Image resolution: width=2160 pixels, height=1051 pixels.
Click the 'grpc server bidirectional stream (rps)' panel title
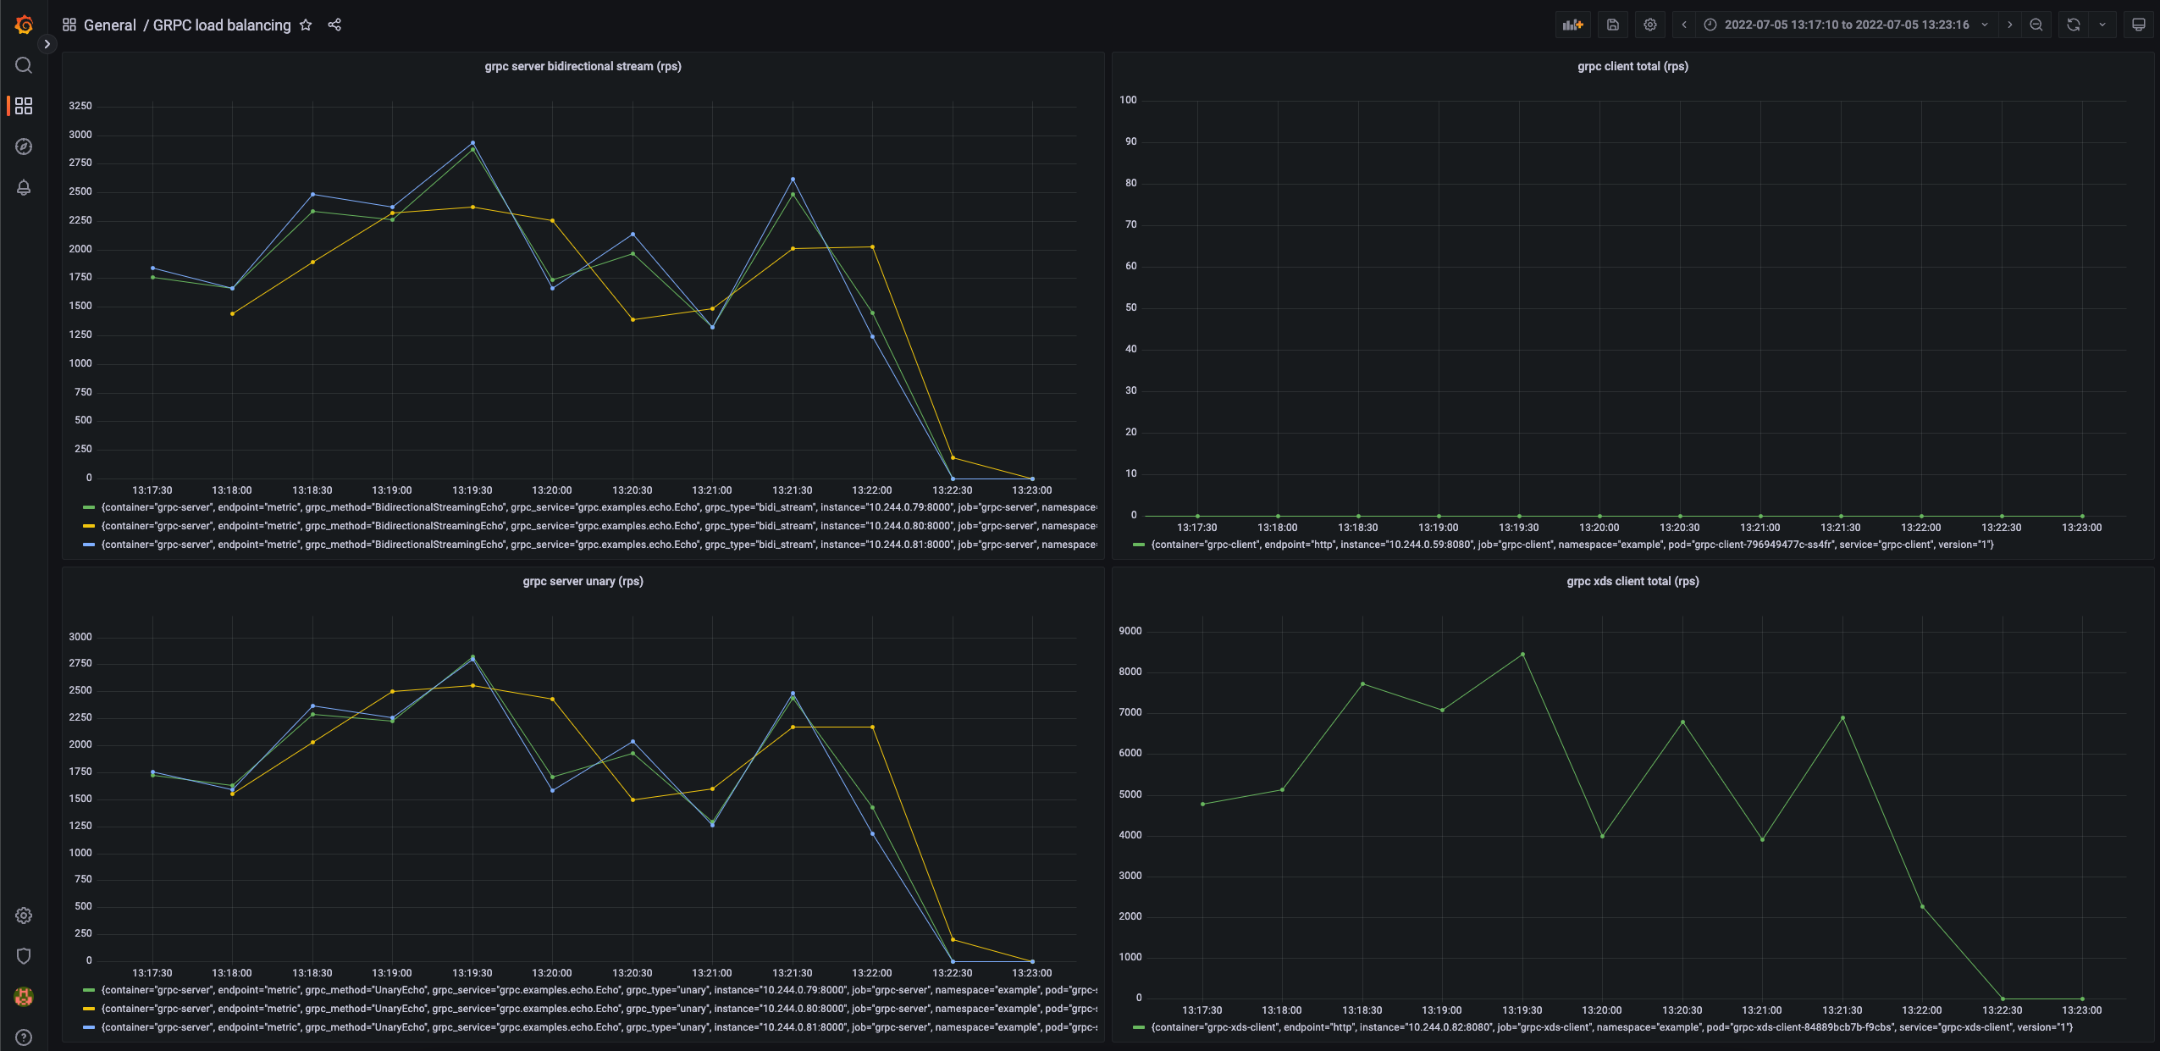pyautogui.click(x=583, y=66)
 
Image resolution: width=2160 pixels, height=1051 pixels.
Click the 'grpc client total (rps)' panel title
pyautogui.click(x=1632, y=66)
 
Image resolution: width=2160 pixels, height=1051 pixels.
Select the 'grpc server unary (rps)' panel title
pyautogui.click(x=583, y=581)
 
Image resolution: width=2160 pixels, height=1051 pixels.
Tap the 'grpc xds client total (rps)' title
pyautogui.click(x=1632, y=581)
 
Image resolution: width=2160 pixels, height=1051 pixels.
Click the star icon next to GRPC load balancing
pyautogui.click(x=306, y=25)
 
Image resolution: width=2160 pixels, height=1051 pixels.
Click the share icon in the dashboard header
pyautogui.click(x=334, y=25)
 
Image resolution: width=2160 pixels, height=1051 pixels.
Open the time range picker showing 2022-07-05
pyautogui.click(x=1846, y=25)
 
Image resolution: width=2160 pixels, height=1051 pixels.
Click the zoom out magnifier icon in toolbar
pyautogui.click(x=2036, y=25)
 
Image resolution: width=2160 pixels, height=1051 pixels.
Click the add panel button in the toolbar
pyautogui.click(x=1572, y=25)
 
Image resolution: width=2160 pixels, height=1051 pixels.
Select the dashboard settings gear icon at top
pyautogui.click(x=1650, y=25)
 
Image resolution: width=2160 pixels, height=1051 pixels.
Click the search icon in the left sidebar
pyautogui.click(x=24, y=65)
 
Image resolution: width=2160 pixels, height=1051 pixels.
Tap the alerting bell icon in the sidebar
pyautogui.click(x=24, y=187)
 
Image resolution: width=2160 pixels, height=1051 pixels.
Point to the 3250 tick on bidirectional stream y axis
pyautogui.click(x=80, y=106)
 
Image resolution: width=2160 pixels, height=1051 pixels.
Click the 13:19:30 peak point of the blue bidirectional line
pyautogui.click(x=472, y=142)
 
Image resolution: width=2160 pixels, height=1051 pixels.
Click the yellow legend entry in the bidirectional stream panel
pyautogui.click(x=593, y=526)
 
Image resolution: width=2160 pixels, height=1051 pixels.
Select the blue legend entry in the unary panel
pyautogui.click(x=593, y=1027)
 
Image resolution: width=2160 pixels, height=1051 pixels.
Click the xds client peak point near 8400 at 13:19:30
pyautogui.click(x=1522, y=654)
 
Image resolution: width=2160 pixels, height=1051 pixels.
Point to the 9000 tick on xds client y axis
pyautogui.click(x=1130, y=631)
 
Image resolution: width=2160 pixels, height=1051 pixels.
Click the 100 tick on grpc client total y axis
pyautogui.click(x=1128, y=100)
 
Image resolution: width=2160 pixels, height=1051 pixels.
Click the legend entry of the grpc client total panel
pyautogui.click(x=1566, y=545)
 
